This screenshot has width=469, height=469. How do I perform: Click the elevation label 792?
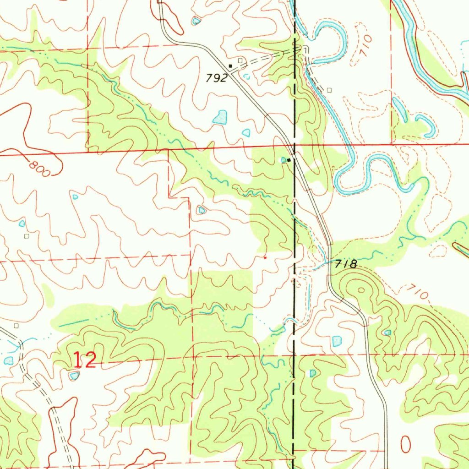217,78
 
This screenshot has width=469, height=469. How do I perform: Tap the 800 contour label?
41,168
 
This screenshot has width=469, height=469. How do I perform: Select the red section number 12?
84,361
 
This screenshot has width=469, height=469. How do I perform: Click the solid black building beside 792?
230,66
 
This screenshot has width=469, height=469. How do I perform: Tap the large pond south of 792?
220,117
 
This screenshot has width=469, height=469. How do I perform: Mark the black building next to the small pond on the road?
289,160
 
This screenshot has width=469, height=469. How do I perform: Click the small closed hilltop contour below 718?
361,289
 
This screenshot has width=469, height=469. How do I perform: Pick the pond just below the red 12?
74,376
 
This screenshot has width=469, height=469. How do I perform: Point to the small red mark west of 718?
265,258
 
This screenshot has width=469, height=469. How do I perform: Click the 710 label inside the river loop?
365,47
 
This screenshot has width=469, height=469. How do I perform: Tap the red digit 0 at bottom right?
406,443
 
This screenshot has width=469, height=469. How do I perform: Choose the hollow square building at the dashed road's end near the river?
328,90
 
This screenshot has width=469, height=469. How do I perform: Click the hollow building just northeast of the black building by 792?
240,60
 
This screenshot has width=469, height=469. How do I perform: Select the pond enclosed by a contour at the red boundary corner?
201,210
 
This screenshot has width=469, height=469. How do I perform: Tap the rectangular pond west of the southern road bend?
337,341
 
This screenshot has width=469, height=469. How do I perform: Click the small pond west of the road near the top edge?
196,21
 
